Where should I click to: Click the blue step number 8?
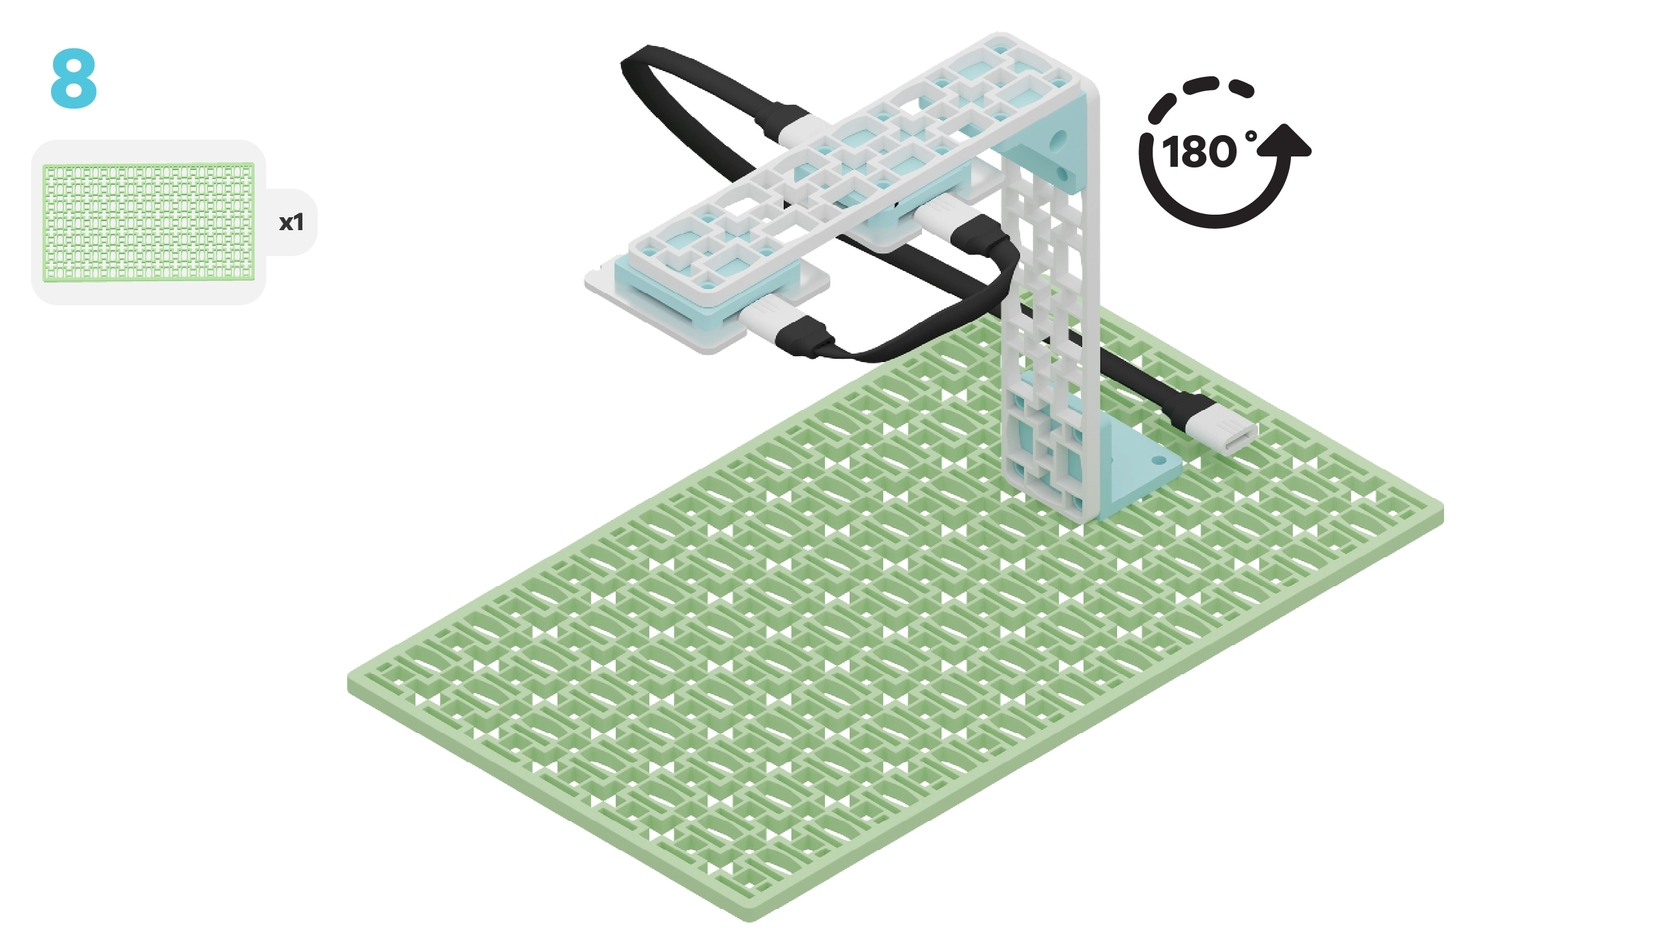click(x=74, y=78)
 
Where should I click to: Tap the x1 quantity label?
click(x=291, y=222)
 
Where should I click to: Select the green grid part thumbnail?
click(x=149, y=222)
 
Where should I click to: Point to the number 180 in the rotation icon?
click(x=1199, y=153)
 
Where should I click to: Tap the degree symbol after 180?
click(x=1251, y=137)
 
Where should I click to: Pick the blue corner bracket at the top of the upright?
click(x=1050, y=145)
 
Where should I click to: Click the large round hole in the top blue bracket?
click(x=1059, y=138)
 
